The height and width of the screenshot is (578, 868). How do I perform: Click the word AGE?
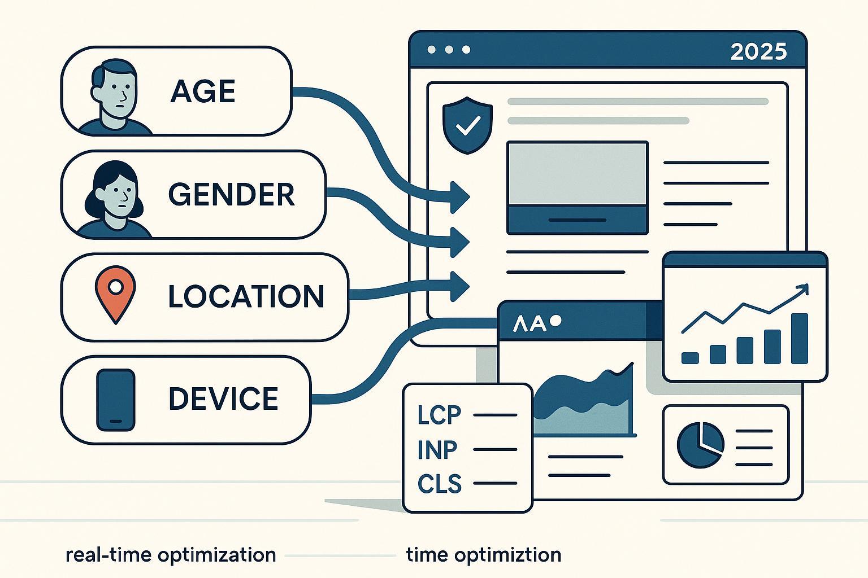point(202,91)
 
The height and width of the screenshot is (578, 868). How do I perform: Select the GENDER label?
point(231,195)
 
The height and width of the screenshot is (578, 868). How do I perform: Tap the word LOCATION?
point(246,296)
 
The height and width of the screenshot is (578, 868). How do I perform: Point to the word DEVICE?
point(223,399)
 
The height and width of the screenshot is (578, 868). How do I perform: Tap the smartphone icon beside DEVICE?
point(115,400)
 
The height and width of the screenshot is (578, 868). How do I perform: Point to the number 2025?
point(758,52)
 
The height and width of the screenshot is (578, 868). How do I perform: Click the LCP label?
point(440,415)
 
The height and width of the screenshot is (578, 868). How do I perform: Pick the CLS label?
point(440,484)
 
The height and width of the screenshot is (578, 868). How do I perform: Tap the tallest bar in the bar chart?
point(800,339)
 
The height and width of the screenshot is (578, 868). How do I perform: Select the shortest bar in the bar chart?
point(690,357)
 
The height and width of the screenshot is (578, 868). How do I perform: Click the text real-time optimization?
point(171,555)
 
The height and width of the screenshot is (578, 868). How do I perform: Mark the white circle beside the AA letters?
point(555,321)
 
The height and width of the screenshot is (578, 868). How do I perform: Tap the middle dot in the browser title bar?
point(449,50)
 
